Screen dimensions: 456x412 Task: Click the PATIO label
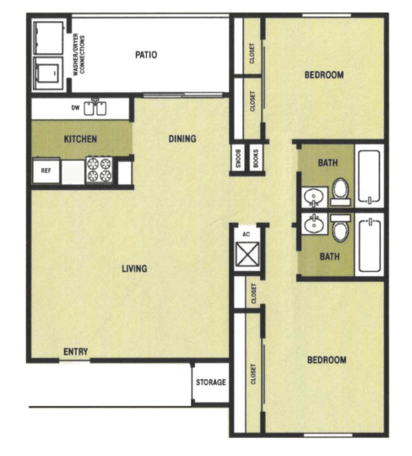pos(146,56)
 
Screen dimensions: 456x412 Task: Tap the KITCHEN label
pos(80,138)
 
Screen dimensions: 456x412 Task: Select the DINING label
pos(182,138)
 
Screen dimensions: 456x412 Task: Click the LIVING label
pos(134,269)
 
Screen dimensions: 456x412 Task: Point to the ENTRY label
pos(75,351)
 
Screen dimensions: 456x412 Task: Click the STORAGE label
pos(210,383)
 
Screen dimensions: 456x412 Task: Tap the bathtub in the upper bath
pos(370,176)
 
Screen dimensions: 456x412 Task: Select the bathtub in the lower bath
pos(370,246)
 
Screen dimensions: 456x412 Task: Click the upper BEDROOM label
pos(324,75)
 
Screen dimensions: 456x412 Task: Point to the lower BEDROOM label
pos(326,360)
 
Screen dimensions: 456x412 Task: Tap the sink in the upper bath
pos(313,198)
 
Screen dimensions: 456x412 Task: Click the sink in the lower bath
pos(313,224)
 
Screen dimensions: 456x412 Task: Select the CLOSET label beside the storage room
pos(253,375)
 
